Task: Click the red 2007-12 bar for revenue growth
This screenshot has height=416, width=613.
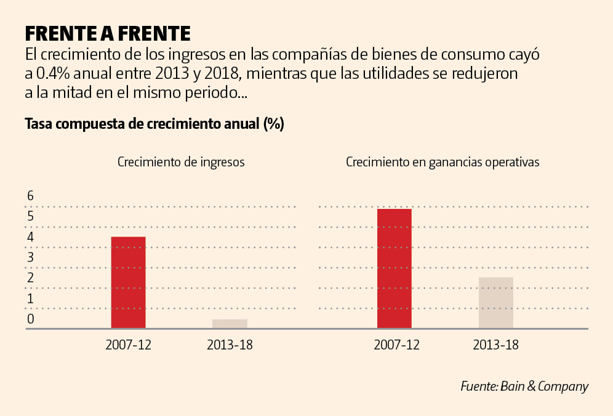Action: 128,282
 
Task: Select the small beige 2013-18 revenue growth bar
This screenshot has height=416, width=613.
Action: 230,324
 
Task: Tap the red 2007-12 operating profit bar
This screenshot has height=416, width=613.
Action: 394,269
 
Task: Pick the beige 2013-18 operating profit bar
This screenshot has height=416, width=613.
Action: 495,303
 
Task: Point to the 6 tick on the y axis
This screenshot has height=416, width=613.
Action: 30,196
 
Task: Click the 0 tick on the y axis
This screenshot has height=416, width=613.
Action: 30,319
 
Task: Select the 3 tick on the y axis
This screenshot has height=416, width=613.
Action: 30,258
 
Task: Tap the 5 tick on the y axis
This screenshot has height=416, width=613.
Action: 30,216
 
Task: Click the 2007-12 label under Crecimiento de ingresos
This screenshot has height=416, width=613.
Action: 128,345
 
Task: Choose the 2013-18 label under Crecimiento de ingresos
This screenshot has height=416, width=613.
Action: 230,345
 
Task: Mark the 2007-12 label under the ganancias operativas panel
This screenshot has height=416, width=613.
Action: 396,345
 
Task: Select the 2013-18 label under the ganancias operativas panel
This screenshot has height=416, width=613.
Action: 495,345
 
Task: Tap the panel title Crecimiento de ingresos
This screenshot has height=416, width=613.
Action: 181,163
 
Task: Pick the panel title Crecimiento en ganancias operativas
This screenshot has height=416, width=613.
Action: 443,163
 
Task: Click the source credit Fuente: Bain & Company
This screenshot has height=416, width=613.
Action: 524,386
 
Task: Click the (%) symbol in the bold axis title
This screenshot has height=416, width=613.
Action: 273,124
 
